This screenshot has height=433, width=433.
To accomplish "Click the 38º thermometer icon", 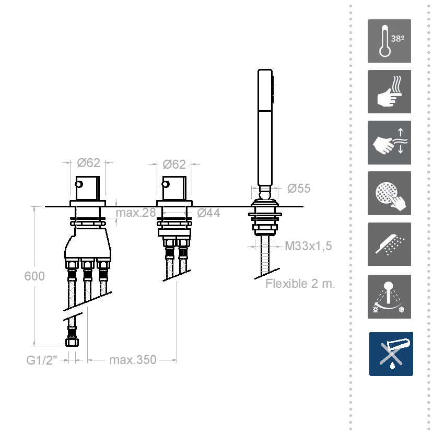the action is [389, 41].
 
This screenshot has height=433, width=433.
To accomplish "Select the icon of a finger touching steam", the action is [389, 92].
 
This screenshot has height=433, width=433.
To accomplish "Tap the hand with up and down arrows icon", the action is [389, 143].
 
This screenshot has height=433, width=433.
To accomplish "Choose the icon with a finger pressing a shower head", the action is [389, 193].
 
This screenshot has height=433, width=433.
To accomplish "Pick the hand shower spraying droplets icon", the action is [389, 244].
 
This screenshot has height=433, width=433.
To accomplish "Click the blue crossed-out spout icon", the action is [391, 354].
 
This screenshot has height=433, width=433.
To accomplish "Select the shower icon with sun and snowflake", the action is [389, 297].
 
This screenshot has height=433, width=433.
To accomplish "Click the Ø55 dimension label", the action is [299, 189].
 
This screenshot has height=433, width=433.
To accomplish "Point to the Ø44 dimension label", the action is [208, 213].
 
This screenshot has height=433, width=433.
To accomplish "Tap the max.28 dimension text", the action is [136, 213].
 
